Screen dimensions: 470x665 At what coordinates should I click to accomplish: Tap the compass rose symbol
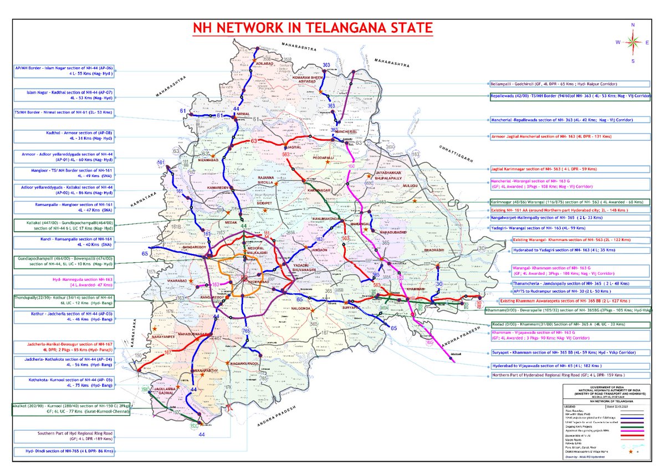632,42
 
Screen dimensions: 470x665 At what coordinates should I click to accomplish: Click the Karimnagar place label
314,190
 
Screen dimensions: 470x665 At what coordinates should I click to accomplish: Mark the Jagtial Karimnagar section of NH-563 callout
554,168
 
